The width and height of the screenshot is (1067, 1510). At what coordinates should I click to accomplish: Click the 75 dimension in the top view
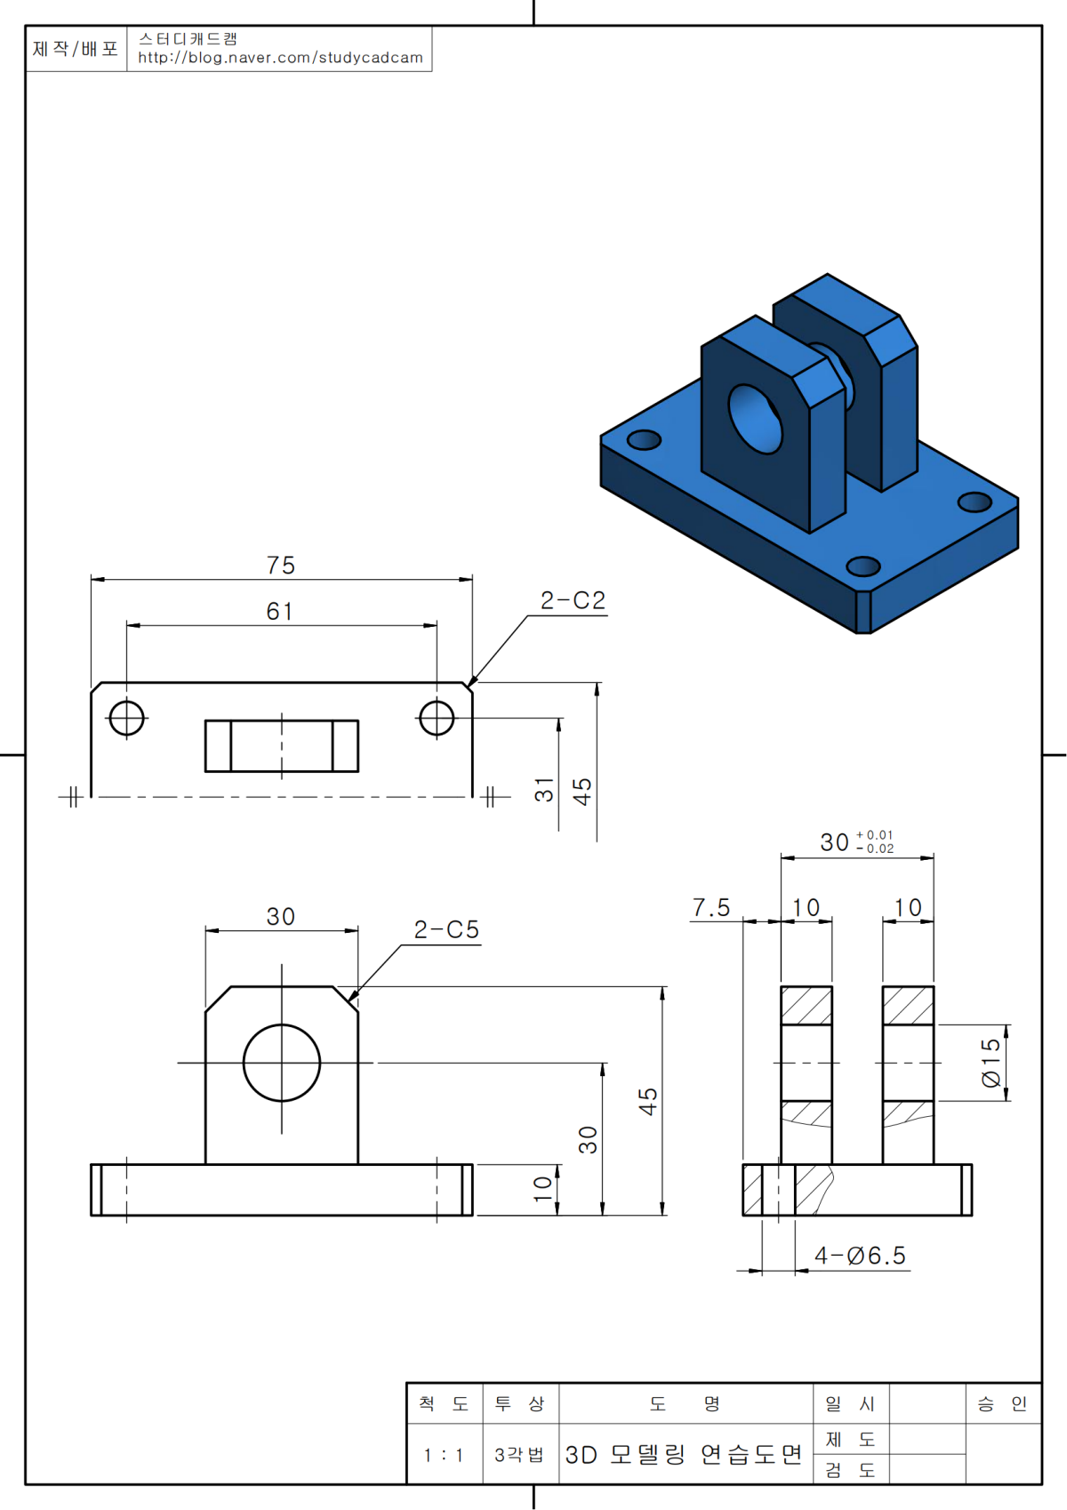click(280, 565)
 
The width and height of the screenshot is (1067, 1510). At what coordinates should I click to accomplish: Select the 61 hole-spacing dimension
click(279, 612)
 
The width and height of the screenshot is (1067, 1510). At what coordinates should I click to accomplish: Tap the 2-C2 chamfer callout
click(573, 600)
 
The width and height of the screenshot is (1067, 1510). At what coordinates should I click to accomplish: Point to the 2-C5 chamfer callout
click(446, 929)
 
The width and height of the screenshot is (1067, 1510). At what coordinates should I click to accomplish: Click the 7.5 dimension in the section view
click(711, 907)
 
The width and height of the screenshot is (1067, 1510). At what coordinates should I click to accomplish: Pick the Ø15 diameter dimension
click(991, 1063)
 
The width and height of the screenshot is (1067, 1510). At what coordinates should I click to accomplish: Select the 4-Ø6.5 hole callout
click(860, 1255)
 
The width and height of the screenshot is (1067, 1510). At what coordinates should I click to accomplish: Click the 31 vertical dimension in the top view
click(544, 790)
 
